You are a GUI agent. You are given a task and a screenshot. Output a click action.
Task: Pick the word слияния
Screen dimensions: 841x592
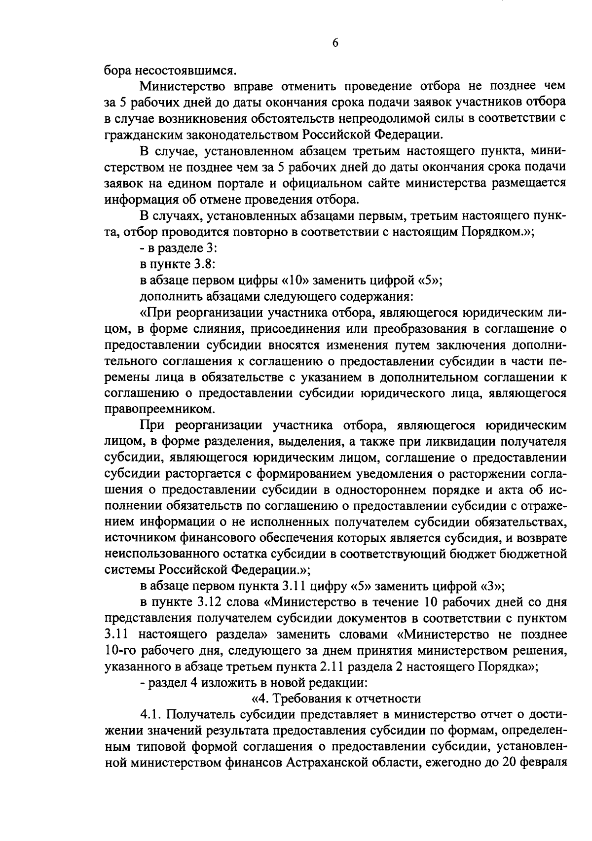tap(205, 329)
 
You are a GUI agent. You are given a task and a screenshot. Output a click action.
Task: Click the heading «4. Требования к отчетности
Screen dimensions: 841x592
tap(335, 699)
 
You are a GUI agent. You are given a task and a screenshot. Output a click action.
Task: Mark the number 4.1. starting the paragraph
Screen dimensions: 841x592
tap(152, 715)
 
